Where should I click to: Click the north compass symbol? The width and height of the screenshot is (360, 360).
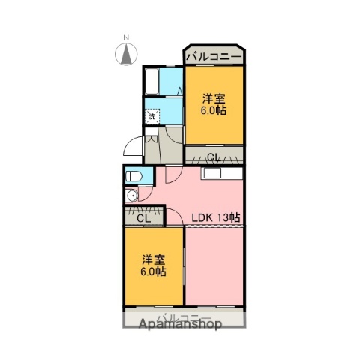coord(127,54)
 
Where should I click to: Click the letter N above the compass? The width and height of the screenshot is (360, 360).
coord(127,37)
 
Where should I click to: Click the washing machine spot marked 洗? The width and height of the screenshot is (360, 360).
coord(152,116)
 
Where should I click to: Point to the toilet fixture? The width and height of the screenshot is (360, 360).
coord(133,177)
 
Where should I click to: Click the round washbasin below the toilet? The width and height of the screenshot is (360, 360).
coord(132,196)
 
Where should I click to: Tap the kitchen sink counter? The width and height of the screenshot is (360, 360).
coord(220,174)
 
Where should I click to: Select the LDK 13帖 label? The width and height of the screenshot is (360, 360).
coord(215,218)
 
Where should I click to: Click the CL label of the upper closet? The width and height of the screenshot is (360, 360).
coord(214,157)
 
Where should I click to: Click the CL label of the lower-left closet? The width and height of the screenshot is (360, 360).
coord(144,218)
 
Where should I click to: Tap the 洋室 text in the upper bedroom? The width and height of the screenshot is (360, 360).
coord(214,98)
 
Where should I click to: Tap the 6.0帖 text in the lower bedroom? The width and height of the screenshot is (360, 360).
coord(154,271)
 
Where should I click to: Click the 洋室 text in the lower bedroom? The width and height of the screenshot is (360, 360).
coord(154,259)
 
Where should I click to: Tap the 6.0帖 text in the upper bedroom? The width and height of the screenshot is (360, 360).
coord(214,110)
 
